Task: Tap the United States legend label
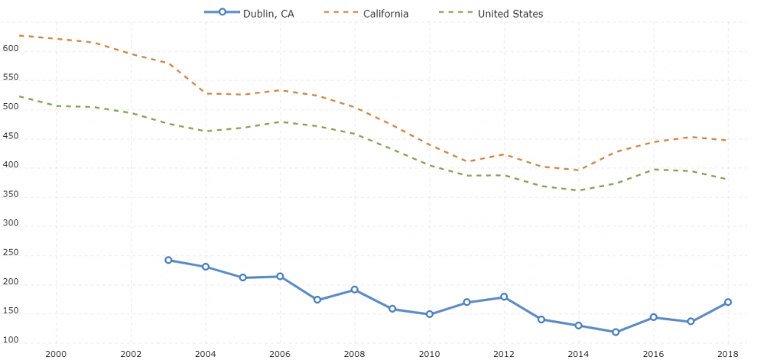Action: [510, 13]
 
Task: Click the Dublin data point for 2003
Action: [168, 260]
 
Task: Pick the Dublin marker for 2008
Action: [355, 290]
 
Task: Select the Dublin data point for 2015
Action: [616, 332]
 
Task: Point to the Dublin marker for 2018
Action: [728, 302]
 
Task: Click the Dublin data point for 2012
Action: [504, 297]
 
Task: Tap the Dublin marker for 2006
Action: [280, 276]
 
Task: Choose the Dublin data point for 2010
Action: [430, 314]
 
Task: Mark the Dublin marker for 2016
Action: [653, 316]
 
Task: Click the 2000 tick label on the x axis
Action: [56, 353]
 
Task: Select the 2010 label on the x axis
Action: [430, 353]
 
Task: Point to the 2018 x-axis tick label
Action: [728, 353]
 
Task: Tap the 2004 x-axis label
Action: [205, 353]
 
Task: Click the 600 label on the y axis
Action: [9, 49]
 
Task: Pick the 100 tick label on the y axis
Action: [9, 342]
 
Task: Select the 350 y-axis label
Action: [9, 196]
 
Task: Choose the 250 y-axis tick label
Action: [9, 255]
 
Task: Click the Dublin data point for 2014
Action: [579, 326]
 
